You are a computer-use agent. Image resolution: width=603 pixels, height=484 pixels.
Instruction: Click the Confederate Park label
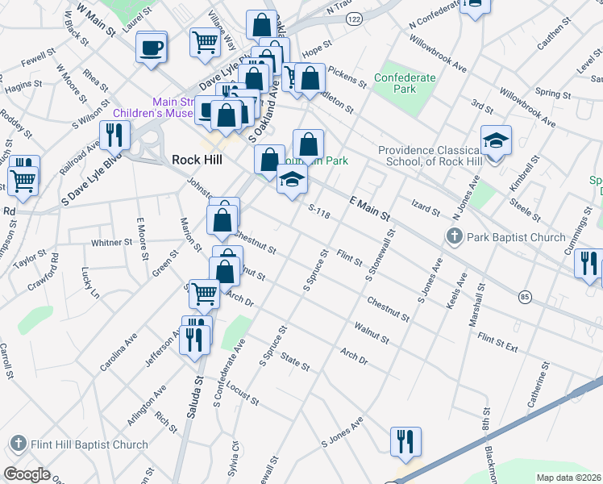[405, 83]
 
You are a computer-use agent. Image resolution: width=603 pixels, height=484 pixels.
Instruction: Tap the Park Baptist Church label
[515, 237]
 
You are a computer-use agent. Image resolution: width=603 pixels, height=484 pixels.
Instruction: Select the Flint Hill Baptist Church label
[89, 444]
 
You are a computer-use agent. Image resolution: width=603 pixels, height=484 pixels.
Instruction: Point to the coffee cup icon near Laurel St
[152, 48]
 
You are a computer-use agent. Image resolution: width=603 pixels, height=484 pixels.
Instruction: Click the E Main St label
[370, 207]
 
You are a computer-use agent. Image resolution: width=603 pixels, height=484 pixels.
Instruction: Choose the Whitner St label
[111, 242]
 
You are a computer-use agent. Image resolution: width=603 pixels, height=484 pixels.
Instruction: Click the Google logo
[27, 474]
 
